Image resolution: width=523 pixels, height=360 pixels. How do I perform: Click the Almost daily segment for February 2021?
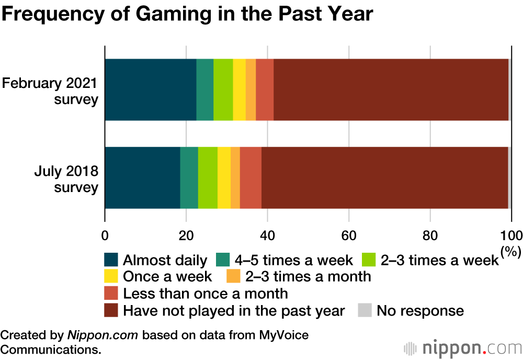coord(151,89)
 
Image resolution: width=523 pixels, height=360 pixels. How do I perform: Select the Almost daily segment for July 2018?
coord(142,178)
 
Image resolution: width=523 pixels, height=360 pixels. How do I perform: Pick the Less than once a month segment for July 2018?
coord(251,178)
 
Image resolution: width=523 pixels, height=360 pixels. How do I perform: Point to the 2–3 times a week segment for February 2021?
coord(223,89)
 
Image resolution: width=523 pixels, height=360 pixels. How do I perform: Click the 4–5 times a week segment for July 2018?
coord(189,178)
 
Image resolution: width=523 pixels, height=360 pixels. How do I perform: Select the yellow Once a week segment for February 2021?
coord(239,89)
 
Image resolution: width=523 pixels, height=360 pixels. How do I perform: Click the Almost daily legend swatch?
coord(111,260)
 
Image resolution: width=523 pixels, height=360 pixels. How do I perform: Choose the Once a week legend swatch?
coord(111,276)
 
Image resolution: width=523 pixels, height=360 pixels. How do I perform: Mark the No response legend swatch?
coord(365,311)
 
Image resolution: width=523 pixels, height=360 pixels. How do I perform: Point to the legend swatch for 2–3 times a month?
coord(233,276)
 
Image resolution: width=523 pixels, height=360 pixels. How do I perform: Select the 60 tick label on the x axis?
coord(348,234)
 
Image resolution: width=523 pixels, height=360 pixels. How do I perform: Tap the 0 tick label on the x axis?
coord(105,234)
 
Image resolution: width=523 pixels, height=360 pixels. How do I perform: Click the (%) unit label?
coord(511,252)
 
